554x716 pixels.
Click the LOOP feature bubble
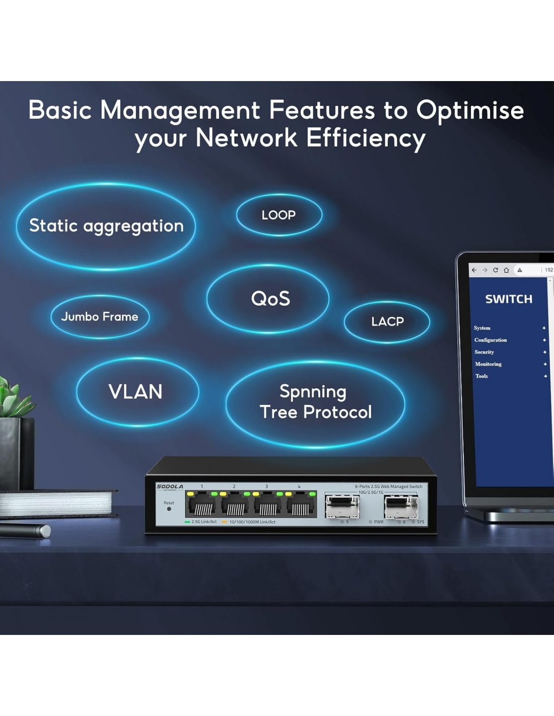(x=279, y=215)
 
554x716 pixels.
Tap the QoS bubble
(x=270, y=299)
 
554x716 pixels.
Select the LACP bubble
(x=387, y=322)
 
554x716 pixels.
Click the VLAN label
(x=135, y=392)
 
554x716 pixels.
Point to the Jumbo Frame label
(x=100, y=317)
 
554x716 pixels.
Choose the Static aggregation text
(x=106, y=226)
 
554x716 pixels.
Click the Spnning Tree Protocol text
(x=315, y=402)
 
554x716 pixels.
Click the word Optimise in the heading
(x=470, y=110)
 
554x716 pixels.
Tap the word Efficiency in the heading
(x=366, y=138)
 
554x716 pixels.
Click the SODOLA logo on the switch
(x=170, y=486)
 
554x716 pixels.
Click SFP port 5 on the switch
(x=342, y=507)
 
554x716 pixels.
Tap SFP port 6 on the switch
(x=401, y=507)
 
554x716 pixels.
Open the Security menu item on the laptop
(x=484, y=352)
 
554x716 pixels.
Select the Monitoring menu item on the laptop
(x=488, y=364)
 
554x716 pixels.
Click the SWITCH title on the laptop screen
(x=509, y=299)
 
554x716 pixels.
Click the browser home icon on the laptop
(x=506, y=270)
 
